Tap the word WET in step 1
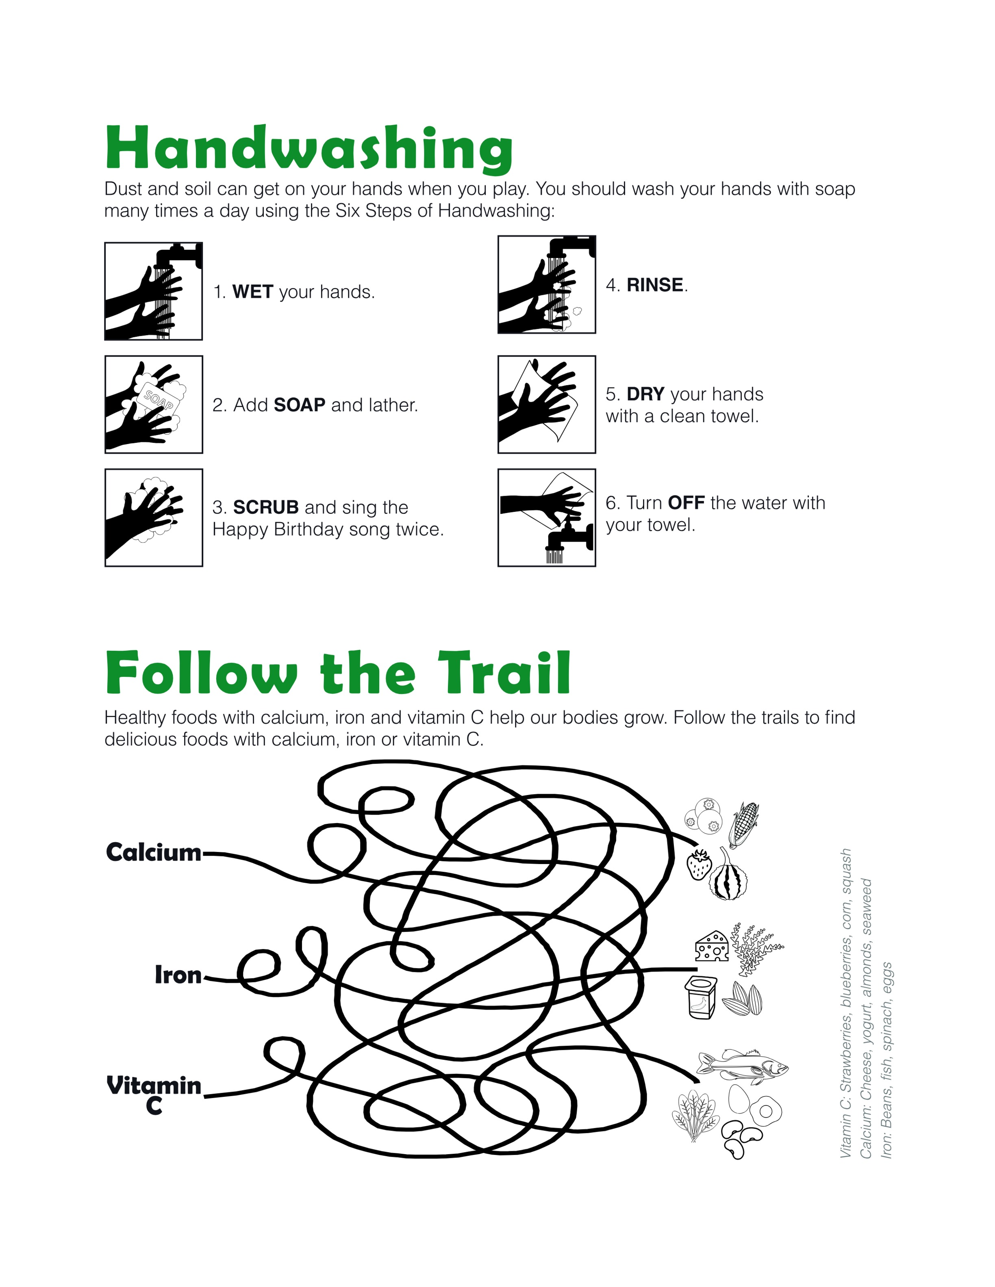(252, 292)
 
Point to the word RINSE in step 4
(654, 285)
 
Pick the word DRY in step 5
(645, 394)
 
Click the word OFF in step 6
(686, 503)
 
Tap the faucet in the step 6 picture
(568, 537)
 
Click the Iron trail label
(178, 975)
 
